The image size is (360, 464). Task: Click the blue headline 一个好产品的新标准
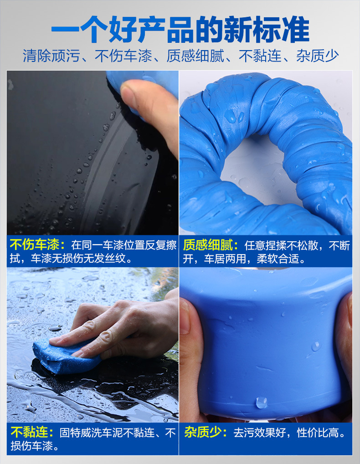(x=180, y=30)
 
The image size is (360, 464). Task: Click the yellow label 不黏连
(x=29, y=432)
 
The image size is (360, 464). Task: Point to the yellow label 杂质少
(x=202, y=432)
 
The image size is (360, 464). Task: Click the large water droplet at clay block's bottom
(x=262, y=403)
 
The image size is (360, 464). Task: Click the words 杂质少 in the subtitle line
(x=317, y=56)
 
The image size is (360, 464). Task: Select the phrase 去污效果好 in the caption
(x=259, y=433)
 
